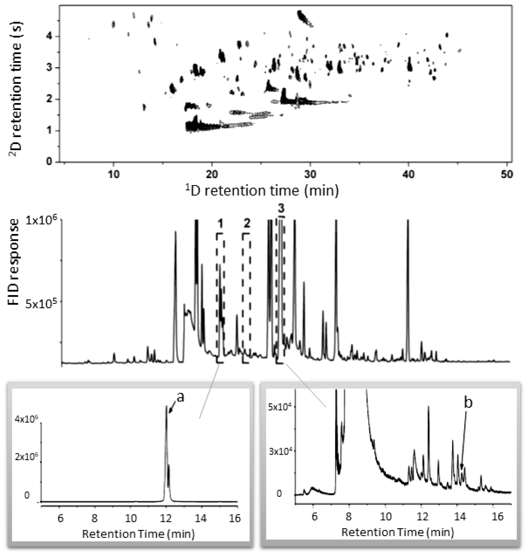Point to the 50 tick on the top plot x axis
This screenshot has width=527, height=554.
pos(507,175)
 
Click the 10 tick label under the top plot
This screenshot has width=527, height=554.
pos(113,175)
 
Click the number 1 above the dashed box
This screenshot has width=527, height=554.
pos(220,224)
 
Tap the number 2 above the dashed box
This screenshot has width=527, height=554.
pos(247,223)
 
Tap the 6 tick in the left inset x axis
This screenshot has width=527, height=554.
pos(60,518)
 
